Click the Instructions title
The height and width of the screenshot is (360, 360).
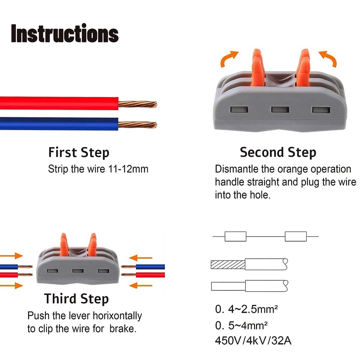(65, 34)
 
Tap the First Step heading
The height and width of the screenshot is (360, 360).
(79, 153)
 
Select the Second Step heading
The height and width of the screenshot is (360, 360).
(278, 153)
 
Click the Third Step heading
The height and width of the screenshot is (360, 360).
(76, 298)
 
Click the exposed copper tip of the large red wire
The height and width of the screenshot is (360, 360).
(138, 104)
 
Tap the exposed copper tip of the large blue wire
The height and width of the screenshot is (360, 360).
(138, 124)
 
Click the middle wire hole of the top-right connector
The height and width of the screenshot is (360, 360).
(280, 109)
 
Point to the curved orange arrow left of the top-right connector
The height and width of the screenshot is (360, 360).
(229, 58)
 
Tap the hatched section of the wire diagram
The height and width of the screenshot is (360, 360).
(227, 264)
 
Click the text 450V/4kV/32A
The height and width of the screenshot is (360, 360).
(253, 341)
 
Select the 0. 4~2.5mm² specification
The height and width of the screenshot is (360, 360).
(247, 310)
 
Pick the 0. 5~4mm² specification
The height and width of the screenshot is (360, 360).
(241, 326)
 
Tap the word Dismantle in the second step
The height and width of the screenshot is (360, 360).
(237, 169)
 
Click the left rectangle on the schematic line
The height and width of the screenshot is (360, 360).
(235, 236)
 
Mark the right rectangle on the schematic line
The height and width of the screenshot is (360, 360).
(296, 236)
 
